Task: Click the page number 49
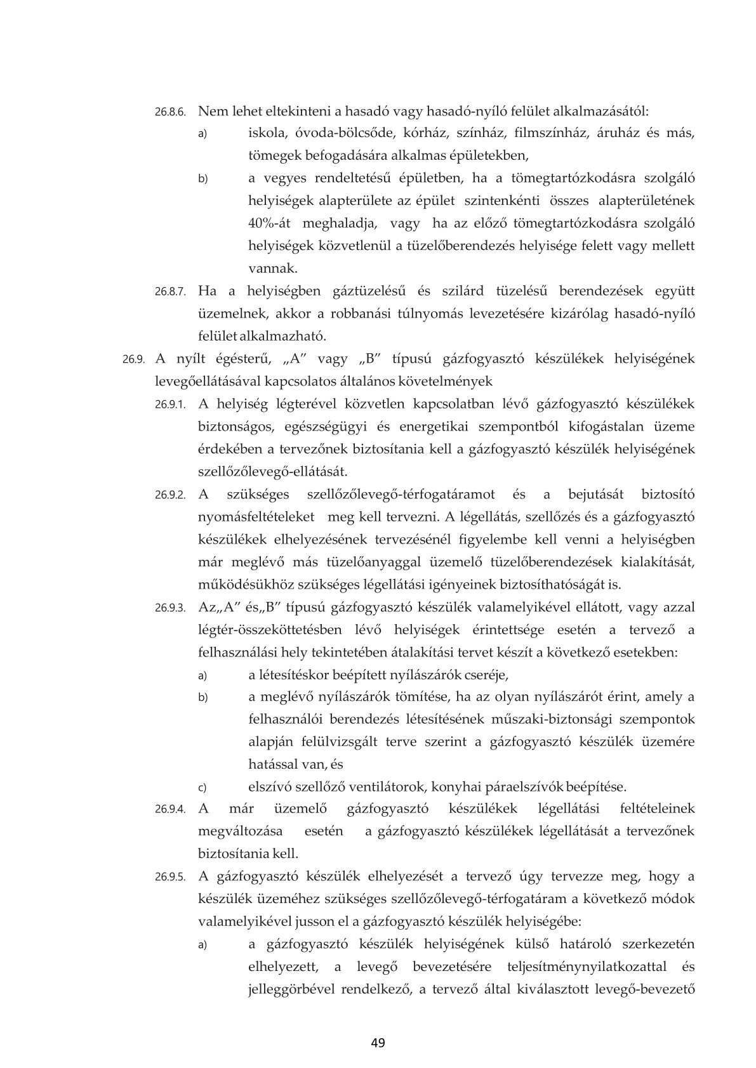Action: pos(378,1042)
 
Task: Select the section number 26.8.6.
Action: pos(169,112)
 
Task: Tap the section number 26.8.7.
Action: pos(169,292)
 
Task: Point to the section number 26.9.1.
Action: pos(169,405)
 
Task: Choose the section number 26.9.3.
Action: pos(169,608)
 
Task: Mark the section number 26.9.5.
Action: pos(169,878)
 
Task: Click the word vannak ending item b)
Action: pos(273,269)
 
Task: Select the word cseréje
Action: pos(484,674)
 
